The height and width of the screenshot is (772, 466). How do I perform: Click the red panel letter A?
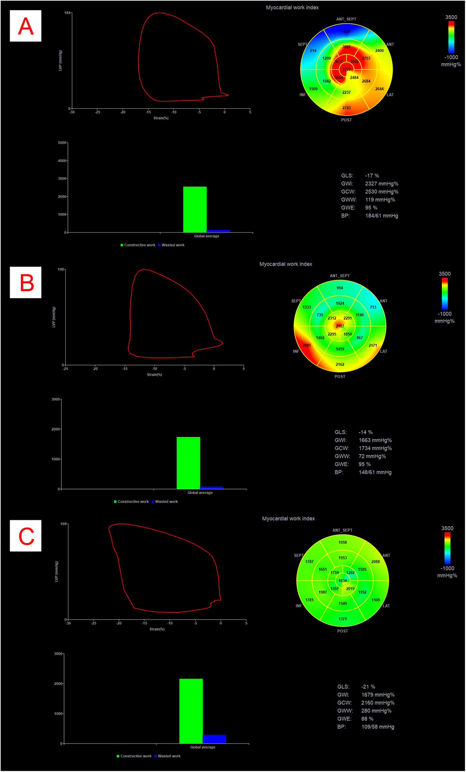(x=25, y=26)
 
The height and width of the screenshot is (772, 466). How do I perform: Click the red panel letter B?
(x=27, y=282)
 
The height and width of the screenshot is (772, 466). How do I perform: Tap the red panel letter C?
(x=26, y=536)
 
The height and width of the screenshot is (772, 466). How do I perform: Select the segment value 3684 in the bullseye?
(x=338, y=78)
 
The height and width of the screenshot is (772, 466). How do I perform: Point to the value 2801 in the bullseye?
(x=306, y=345)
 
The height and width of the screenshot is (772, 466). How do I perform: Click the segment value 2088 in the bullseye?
(x=375, y=561)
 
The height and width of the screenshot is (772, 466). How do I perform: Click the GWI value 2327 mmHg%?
(x=381, y=184)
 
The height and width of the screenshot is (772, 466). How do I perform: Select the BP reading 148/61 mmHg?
(x=375, y=472)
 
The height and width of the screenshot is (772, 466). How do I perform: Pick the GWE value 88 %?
(x=367, y=719)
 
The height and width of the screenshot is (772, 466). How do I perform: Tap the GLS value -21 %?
(x=368, y=686)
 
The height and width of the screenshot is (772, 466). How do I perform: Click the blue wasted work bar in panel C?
(x=214, y=739)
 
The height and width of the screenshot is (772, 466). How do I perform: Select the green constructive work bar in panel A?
(x=195, y=209)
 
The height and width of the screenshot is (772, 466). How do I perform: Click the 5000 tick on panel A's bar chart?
(x=62, y=143)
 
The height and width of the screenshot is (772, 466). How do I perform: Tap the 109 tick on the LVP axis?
(x=64, y=524)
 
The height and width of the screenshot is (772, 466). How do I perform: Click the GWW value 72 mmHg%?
(x=372, y=456)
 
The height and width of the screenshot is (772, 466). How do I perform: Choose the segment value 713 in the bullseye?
(x=373, y=307)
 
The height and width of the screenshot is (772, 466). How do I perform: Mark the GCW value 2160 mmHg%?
(x=378, y=703)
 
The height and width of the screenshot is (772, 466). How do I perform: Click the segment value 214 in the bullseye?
(x=313, y=50)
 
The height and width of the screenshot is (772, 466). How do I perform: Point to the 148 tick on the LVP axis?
(x=61, y=270)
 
